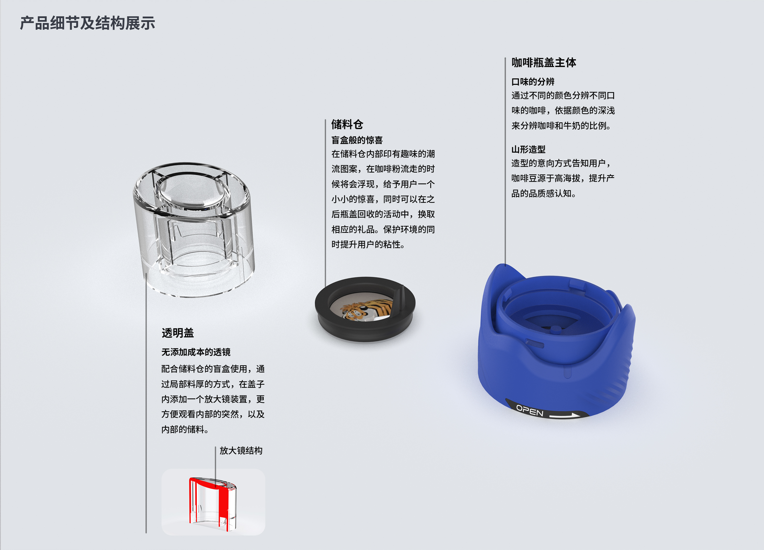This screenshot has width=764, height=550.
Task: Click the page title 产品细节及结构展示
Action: coord(88,23)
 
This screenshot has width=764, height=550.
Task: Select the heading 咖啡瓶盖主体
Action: coord(543,63)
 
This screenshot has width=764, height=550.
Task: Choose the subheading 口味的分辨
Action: coord(533,81)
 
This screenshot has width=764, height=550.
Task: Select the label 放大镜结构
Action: coord(241,450)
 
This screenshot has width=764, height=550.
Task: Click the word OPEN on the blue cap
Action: coord(530,411)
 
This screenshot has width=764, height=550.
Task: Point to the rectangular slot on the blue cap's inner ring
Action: coord(535,344)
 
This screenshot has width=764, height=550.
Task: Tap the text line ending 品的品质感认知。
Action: coord(543,193)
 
